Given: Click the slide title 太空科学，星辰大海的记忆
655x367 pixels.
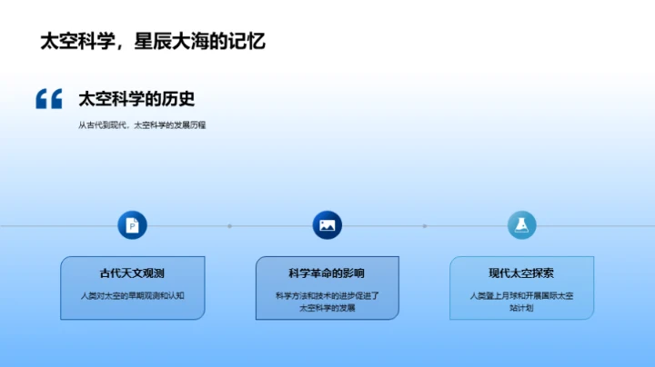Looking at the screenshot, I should click(x=153, y=41).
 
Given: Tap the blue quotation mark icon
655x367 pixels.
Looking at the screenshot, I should click(x=49, y=99).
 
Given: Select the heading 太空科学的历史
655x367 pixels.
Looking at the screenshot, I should click(x=137, y=99).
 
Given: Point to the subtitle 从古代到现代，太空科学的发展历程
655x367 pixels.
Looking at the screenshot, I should click(x=142, y=125).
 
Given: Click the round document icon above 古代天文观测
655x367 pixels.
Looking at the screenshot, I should click(x=132, y=225).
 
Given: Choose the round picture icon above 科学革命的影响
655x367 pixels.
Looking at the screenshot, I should click(x=327, y=225).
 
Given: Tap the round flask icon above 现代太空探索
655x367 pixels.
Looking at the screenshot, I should click(x=521, y=225).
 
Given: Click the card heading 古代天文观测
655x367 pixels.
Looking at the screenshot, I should click(x=132, y=273).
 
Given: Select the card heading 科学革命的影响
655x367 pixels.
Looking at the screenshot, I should click(x=327, y=273).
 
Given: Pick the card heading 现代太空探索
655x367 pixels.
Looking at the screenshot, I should click(x=521, y=273).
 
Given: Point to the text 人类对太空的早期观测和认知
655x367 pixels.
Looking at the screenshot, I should click(x=132, y=295).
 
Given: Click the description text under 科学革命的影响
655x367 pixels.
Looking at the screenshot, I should click(x=327, y=302).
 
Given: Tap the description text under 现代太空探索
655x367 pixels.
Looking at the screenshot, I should click(x=521, y=302).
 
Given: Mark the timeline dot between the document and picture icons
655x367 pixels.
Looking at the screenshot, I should click(x=229, y=226).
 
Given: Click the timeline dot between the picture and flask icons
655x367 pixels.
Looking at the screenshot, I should click(x=424, y=226).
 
